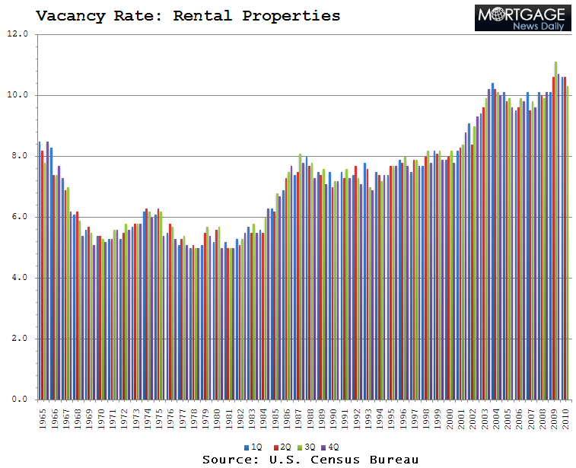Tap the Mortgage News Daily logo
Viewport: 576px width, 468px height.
click(522, 18)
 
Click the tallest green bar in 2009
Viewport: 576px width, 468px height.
click(556, 228)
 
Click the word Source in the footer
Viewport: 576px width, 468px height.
click(226, 460)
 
